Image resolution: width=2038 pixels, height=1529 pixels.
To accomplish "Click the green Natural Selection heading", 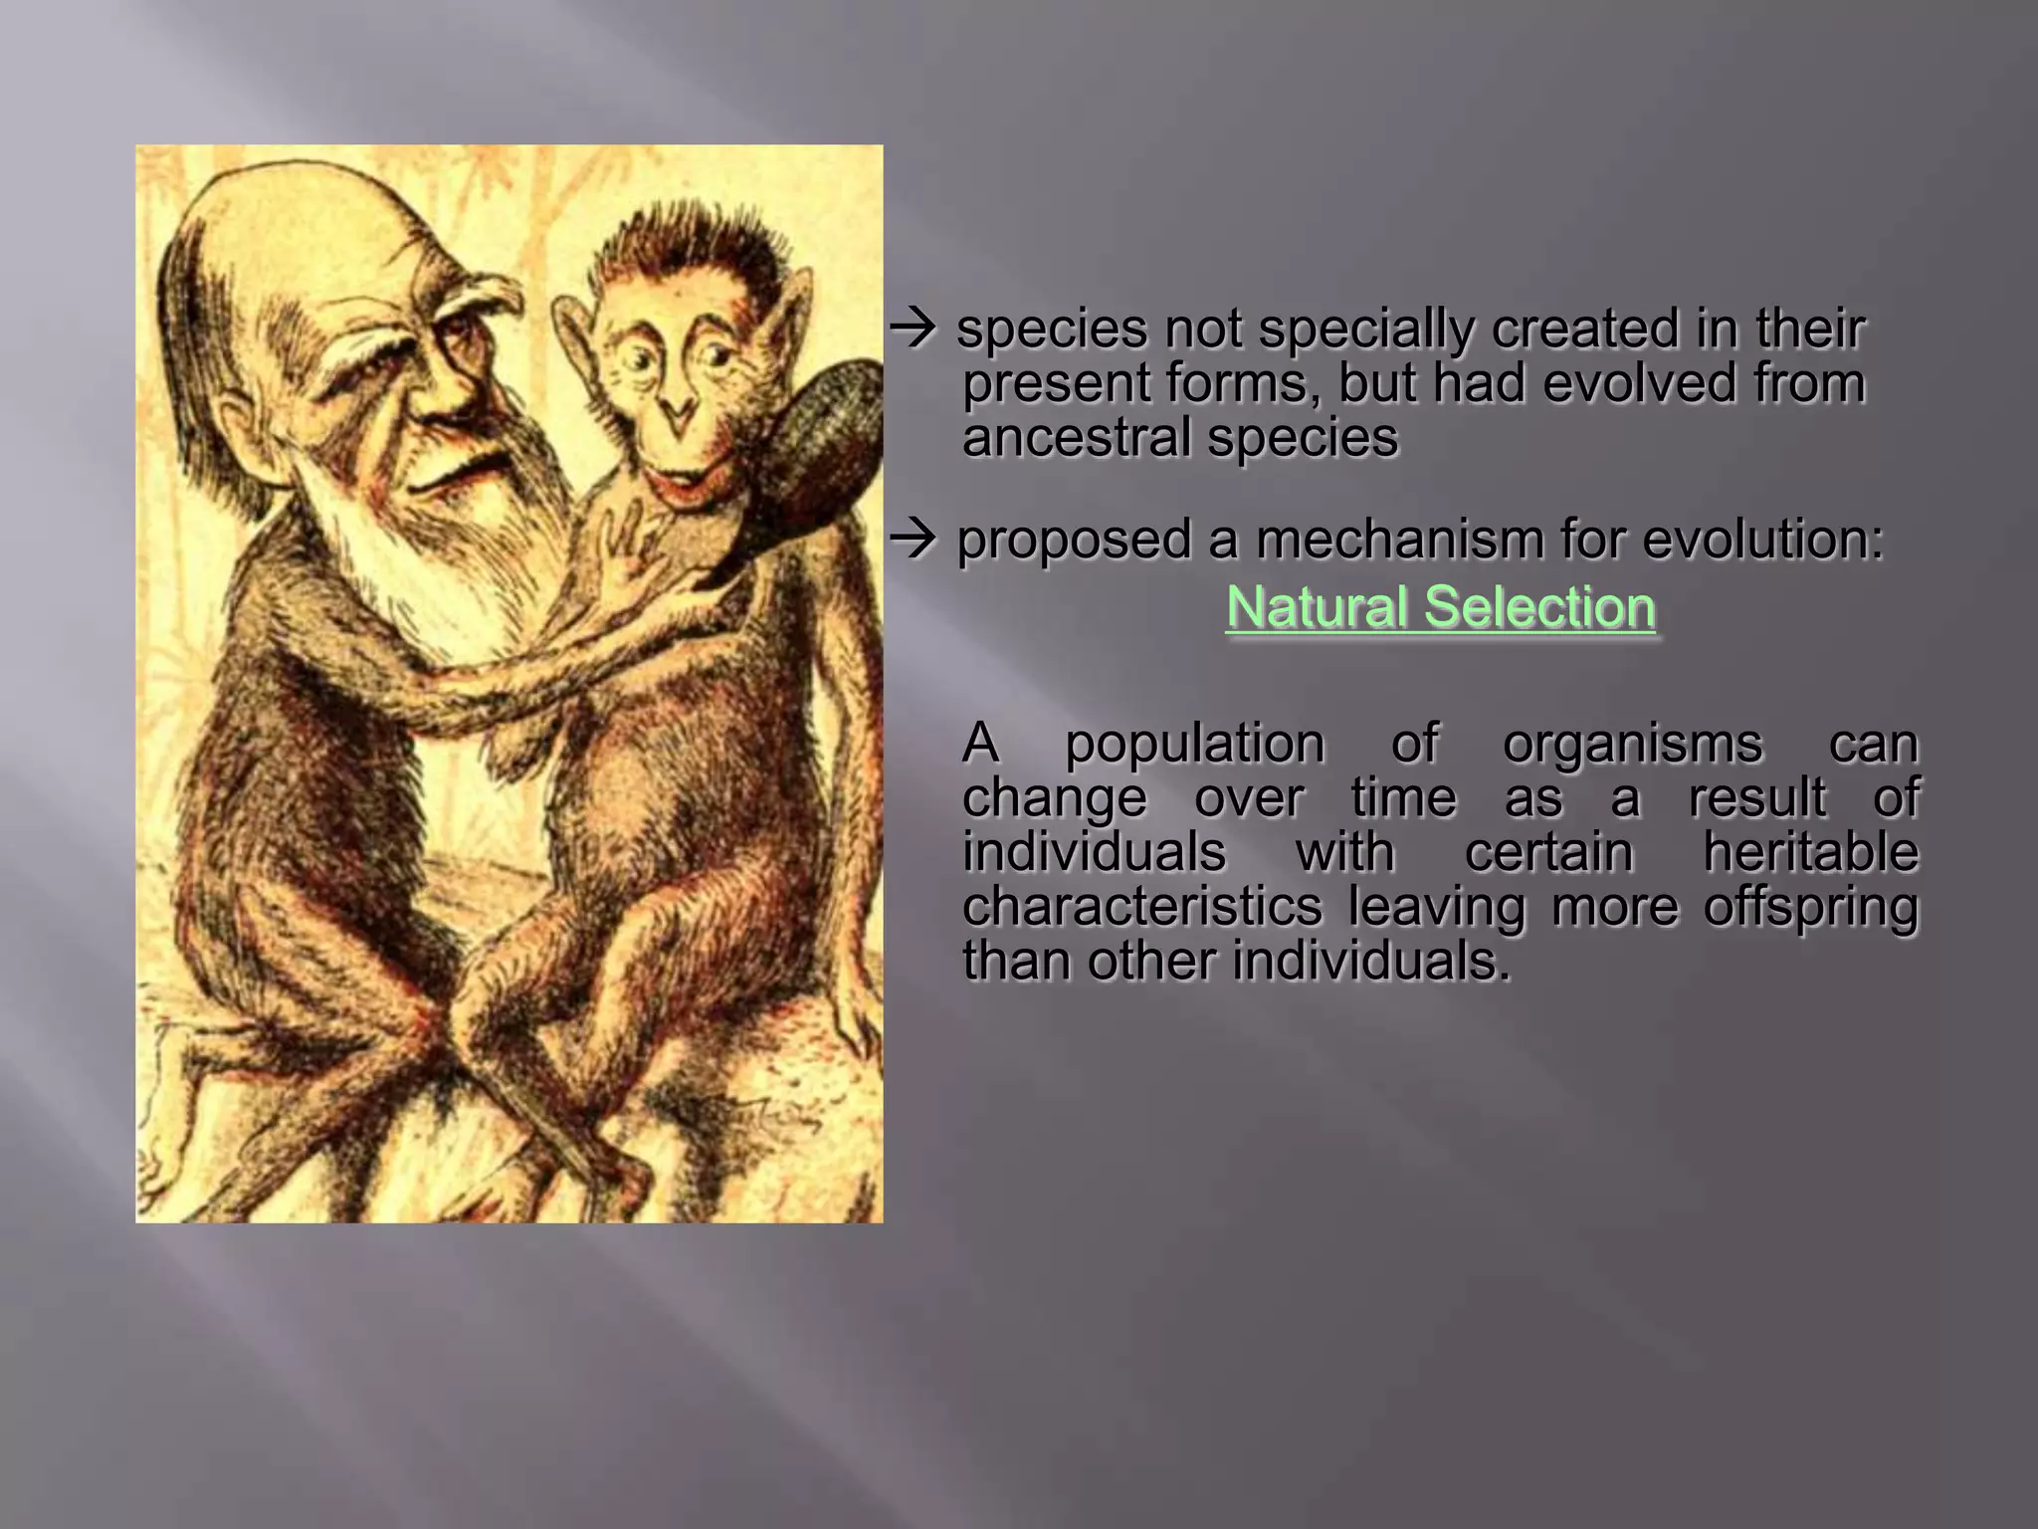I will click(1440, 607).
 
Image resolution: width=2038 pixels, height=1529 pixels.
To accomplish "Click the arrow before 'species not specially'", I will click(913, 329).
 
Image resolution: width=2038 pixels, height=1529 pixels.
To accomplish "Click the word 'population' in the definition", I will click(1194, 744).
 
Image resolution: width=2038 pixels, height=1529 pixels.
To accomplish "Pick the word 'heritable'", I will click(1810, 853).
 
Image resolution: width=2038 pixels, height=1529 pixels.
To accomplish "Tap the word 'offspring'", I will click(1810, 908).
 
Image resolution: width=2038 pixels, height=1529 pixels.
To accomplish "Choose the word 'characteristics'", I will click(1142, 907).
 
